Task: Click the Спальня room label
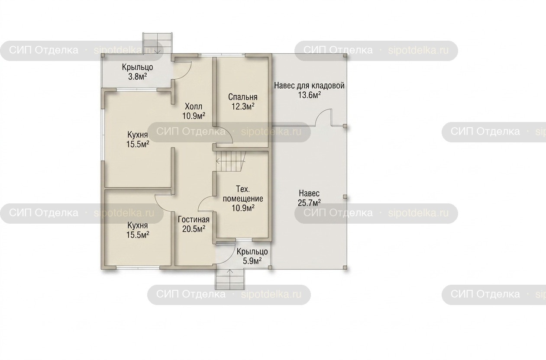(x=243, y=97)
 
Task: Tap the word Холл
(x=194, y=106)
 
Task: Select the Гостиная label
(x=194, y=219)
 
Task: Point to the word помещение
(x=243, y=199)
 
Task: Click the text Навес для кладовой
(x=309, y=86)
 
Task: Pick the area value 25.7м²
(x=309, y=202)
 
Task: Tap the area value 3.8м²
(x=138, y=77)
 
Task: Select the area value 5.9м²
(x=252, y=261)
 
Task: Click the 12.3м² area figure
(x=243, y=106)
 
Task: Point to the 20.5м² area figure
(x=194, y=229)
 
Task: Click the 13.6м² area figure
(x=309, y=95)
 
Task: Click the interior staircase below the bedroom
(x=230, y=161)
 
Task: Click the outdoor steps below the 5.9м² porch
(x=229, y=279)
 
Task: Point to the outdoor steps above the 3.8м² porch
(x=158, y=43)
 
